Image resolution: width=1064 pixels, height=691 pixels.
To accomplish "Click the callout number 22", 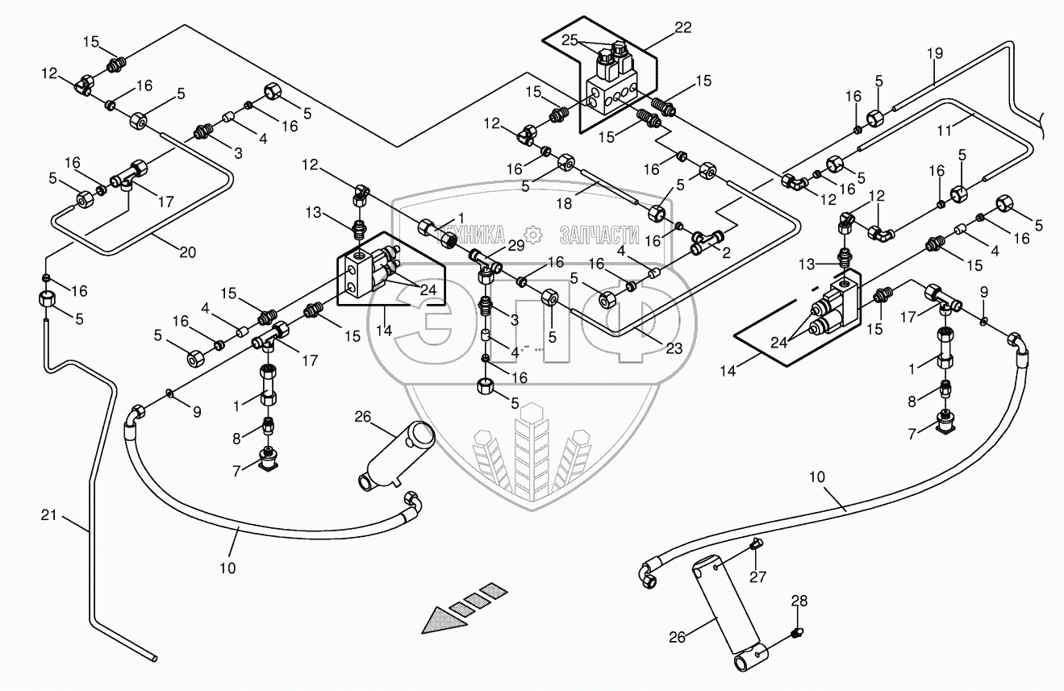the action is point(683,27).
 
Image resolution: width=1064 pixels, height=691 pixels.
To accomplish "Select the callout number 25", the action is point(570,40).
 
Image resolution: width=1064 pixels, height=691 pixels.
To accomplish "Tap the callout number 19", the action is point(934,53).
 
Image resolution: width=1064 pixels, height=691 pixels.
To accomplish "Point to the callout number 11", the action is point(945,130).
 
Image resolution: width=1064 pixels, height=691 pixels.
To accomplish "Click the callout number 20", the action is point(187,252).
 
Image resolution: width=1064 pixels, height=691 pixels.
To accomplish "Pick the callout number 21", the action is point(49,514).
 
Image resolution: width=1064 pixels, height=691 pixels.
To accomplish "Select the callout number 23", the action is point(674,348).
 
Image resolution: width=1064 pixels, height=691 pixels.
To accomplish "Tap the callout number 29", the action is point(515,246).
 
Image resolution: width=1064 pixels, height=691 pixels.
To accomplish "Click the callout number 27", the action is point(757,577).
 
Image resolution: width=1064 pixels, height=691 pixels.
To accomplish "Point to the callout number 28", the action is point(799,602).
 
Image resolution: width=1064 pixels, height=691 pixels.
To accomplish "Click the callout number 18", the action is point(564,204).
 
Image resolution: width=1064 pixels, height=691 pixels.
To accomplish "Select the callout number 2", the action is point(726,252).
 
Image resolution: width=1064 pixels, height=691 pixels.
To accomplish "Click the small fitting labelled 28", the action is point(798,633).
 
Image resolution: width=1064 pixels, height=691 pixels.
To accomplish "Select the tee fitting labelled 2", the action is point(707,241).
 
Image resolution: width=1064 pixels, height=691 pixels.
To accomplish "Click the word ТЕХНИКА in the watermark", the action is point(470,235).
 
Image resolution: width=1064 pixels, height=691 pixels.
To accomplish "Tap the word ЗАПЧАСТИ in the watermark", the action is point(599,235).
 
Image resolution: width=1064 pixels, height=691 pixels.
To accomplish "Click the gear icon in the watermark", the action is point(533,235).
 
